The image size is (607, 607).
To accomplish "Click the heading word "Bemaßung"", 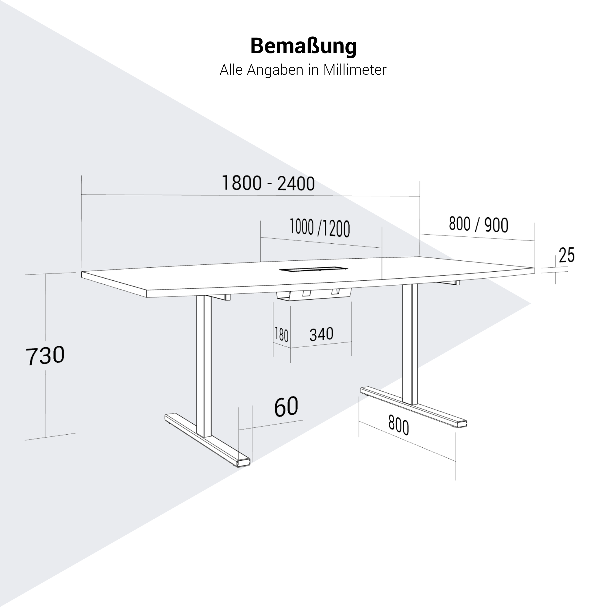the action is pos(303,46).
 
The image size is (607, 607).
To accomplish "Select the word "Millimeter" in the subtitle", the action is pos(355,70).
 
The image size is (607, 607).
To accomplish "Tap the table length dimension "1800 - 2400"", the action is pos(268,183).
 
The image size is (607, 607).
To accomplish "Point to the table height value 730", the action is pos(45,355).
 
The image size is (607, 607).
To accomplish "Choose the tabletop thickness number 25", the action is pos(566,255).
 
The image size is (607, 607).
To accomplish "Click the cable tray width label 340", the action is pos(321,334).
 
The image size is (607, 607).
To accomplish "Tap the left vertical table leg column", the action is pos(204,366).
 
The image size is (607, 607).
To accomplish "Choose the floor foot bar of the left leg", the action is pos(207,440).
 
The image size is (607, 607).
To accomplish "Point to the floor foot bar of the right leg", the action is pos(413,408).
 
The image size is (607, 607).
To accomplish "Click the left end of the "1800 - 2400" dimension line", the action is pos(82,195).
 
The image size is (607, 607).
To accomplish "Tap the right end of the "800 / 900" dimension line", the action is pos(535,241).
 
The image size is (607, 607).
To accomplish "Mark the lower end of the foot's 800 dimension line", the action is pos(456,461).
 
